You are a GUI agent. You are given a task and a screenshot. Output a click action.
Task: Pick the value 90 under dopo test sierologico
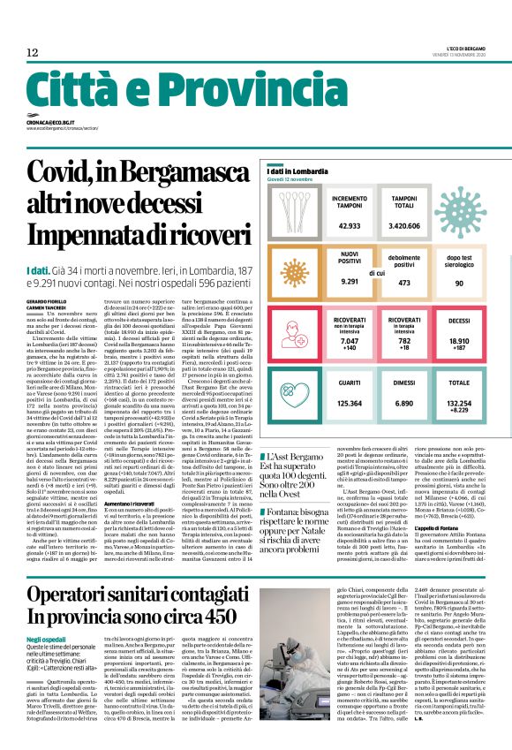click(x=459, y=283)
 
